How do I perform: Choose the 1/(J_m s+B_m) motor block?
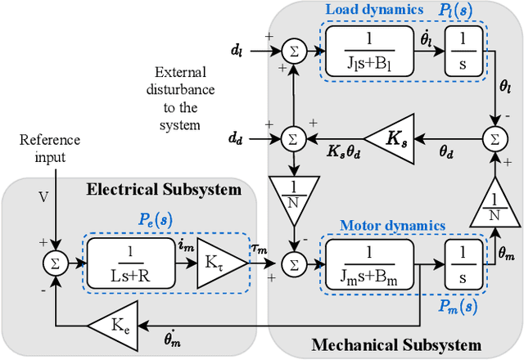click(x=370, y=263)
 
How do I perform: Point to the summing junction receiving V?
click(x=55, y=263)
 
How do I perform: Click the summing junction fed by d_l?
click(x=292, y=51)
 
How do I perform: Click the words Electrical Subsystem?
click(x=164, y=190)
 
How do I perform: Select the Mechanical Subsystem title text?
click(x=396, y=344)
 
